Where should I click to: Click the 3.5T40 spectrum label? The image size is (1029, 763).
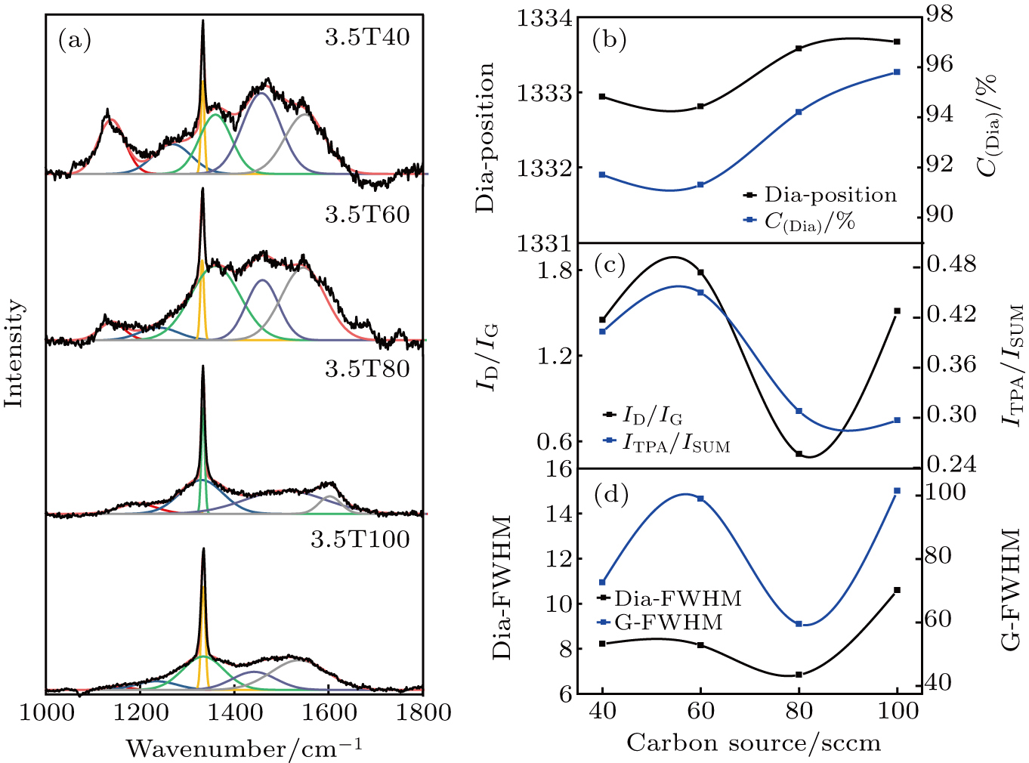(x=367, y=38)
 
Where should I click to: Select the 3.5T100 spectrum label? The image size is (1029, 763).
(x=360, y=539)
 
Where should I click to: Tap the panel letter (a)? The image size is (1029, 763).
(x=74, y=40)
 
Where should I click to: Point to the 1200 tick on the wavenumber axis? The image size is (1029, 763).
(x=140, y=712)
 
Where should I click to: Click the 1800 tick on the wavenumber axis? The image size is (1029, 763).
(x=423, y=712)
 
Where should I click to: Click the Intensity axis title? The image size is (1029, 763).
(x=14, y=353)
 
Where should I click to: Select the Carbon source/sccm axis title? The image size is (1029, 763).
(x=753, y=743)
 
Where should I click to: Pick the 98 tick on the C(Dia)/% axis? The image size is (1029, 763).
(x=939, y=14)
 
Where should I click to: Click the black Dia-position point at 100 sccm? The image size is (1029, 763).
(x=898, y=42)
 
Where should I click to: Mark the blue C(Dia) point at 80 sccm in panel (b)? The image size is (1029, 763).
(x=799, y=112)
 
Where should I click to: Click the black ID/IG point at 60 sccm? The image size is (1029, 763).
(x=701, y=272)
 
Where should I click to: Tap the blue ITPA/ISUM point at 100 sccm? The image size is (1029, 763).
(x=898, y=420)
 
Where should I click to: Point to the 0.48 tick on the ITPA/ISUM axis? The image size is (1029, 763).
(x=951, y=264)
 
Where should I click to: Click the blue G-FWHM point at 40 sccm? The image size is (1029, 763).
(x=602, y=582)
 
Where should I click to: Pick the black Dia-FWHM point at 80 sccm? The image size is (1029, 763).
(x=799, y=675)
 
